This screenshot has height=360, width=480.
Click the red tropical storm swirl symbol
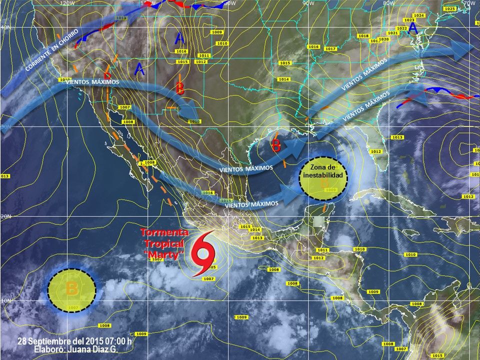202,253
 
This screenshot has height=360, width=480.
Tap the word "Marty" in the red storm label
164,254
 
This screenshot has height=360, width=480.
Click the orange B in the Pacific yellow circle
71,288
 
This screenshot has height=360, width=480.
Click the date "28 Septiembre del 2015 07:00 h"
75,341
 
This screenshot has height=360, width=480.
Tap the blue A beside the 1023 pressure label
413,27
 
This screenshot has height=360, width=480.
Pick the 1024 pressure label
419,15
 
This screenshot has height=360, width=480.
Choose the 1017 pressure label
330,48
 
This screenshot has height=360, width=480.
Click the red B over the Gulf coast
275,145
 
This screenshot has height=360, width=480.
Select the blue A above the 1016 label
180,38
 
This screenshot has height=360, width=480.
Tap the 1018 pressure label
363,36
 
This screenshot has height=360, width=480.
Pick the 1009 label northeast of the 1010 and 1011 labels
216,32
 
